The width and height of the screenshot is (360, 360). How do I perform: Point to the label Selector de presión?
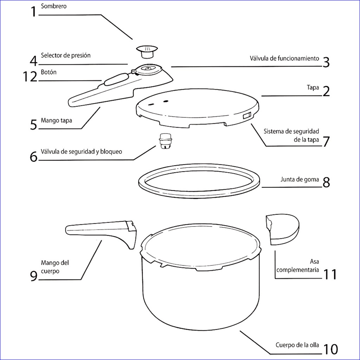tap(66, 55)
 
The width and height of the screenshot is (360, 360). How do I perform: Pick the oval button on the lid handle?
tap(116, 79)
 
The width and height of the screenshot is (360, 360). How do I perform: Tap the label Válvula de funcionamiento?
tap(284, 58)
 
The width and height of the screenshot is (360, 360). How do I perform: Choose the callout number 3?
tap(326, 62)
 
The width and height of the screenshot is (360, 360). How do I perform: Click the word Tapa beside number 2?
tap(313, 88)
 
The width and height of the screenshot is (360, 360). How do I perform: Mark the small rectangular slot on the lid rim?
tap(247, 115)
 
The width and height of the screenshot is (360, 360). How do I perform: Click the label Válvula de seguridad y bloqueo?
tap(81, 152)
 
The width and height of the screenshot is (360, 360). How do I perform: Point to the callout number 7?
tap(326, 141)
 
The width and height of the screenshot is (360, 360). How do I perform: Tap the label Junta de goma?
tap(300, 179)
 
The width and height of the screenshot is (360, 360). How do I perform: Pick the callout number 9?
tap(34, 276)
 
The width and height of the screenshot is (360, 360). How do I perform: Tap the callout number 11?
tap(330, 275)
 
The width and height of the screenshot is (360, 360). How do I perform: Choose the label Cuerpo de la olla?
tap(297, 345)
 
